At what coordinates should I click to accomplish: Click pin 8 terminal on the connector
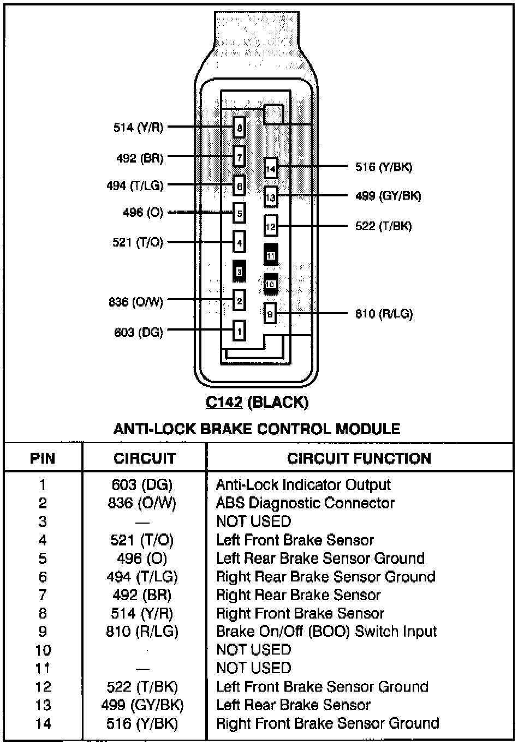pos(239,128)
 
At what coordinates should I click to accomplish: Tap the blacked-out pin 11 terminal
pos(271,255)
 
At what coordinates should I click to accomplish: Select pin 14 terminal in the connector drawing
pos(271,169)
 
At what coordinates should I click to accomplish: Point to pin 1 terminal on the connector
pos(239,331)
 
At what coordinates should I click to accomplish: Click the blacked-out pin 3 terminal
pos(239,271)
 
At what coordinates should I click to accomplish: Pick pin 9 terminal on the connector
pos(270,314)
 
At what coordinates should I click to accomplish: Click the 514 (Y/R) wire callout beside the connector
pos(138,128)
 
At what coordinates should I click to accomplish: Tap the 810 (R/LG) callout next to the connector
pos(384,314)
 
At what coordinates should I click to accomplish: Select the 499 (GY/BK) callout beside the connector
pos(388,196)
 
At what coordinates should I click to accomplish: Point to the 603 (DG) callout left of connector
pos(139,332)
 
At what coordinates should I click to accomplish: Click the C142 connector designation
pos(224,403)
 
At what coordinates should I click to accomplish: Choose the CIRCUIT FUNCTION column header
pos(359,458)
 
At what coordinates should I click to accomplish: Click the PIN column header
pos(43,458)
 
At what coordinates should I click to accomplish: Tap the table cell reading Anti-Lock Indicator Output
pos(303,485)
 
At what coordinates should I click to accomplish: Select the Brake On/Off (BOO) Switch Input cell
pos(326,632)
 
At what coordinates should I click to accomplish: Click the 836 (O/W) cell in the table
pos(142,503)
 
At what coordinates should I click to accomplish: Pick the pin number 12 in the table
pos(43,687)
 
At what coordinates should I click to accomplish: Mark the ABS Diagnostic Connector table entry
pos(305,503)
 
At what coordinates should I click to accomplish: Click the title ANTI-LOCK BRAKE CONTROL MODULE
pos(257,429)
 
